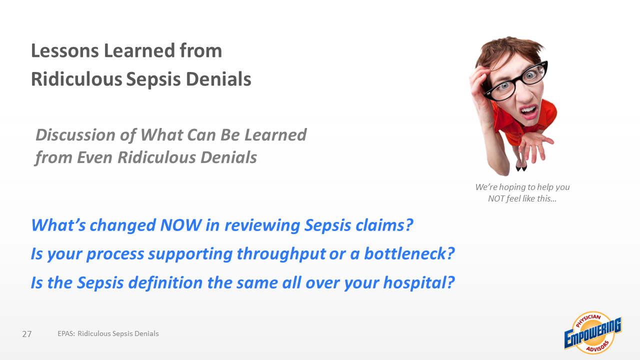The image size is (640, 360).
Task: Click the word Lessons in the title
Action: click(65, 51)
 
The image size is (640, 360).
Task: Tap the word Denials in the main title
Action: click(218, 79)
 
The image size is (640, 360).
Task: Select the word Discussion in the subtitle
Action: click(75, 135)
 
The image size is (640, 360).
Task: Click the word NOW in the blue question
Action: click(181, 225)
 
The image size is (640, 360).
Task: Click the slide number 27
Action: click(27, 334)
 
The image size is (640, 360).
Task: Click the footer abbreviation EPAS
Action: click(66, 333)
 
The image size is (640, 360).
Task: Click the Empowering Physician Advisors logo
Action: click(593, 333)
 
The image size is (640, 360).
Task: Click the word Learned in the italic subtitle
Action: click(275, 135)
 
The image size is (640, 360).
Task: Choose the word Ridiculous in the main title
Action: click(76, 79)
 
